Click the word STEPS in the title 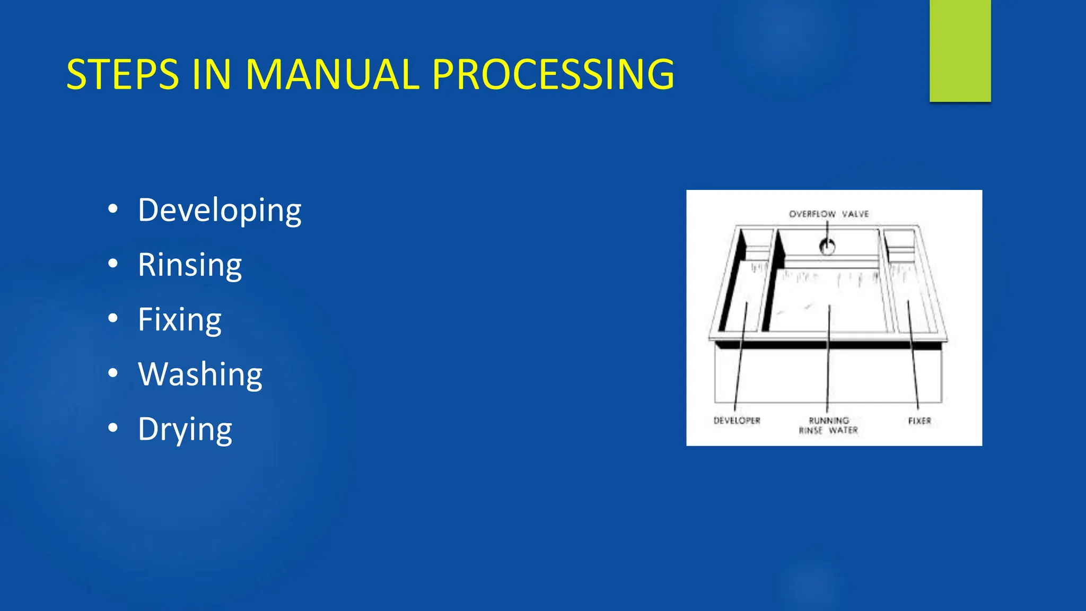click(122, 74)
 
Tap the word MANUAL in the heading click(332, 74)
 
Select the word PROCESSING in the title click(553, 74)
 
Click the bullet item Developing click(220, 211)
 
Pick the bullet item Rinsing click(190, 265)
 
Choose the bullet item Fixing click(179, 320)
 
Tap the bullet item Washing click(200, 374)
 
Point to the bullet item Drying click(185, 429)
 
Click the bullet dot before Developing click(112, 209)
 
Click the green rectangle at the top click(960, 50)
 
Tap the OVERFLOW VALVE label click(829, 214)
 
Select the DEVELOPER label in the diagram click(737, 421)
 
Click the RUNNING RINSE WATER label click(828, 425)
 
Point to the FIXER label click(919, 421)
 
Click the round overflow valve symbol click(827, 247)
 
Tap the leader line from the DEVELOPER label click(740, 361)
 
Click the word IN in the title click(212, 74)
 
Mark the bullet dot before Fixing click(112, 318)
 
